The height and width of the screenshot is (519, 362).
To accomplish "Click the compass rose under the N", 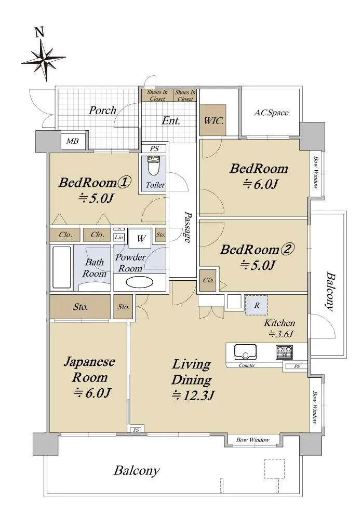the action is (43, 60).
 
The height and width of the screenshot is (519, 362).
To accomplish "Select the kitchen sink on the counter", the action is (246, 352).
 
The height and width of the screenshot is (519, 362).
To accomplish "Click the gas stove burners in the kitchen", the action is (284, 352).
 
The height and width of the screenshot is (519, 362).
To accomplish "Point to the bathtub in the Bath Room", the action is (62, 267).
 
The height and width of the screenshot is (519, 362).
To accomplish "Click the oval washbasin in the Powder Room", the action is (140, 282).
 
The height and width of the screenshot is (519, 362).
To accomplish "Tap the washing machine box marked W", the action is (141, 238).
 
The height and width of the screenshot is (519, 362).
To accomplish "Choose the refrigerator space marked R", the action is (257, 305).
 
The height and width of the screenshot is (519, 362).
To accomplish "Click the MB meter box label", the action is (73, 141).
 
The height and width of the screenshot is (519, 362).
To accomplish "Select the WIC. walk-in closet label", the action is (213, 120).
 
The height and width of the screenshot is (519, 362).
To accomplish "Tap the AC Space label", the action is (271, 113).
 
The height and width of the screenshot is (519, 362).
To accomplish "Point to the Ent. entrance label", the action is (171, 120).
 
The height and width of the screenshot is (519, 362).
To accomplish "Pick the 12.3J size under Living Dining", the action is (194, 395).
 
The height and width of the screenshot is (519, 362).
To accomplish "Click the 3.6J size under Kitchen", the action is (281, 334).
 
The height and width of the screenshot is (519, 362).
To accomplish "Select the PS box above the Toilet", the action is (155, 148).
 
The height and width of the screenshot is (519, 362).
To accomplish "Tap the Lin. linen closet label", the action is (119, 237).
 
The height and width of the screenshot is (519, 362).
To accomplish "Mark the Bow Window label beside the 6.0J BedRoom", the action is (315, 172).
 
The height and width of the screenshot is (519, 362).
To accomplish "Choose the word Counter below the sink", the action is (247, 365).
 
